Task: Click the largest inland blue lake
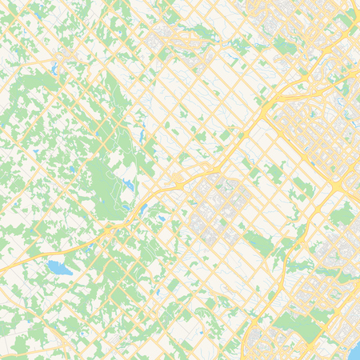59,267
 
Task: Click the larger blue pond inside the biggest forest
127,185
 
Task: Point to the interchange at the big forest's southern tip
112,227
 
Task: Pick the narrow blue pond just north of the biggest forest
142,138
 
